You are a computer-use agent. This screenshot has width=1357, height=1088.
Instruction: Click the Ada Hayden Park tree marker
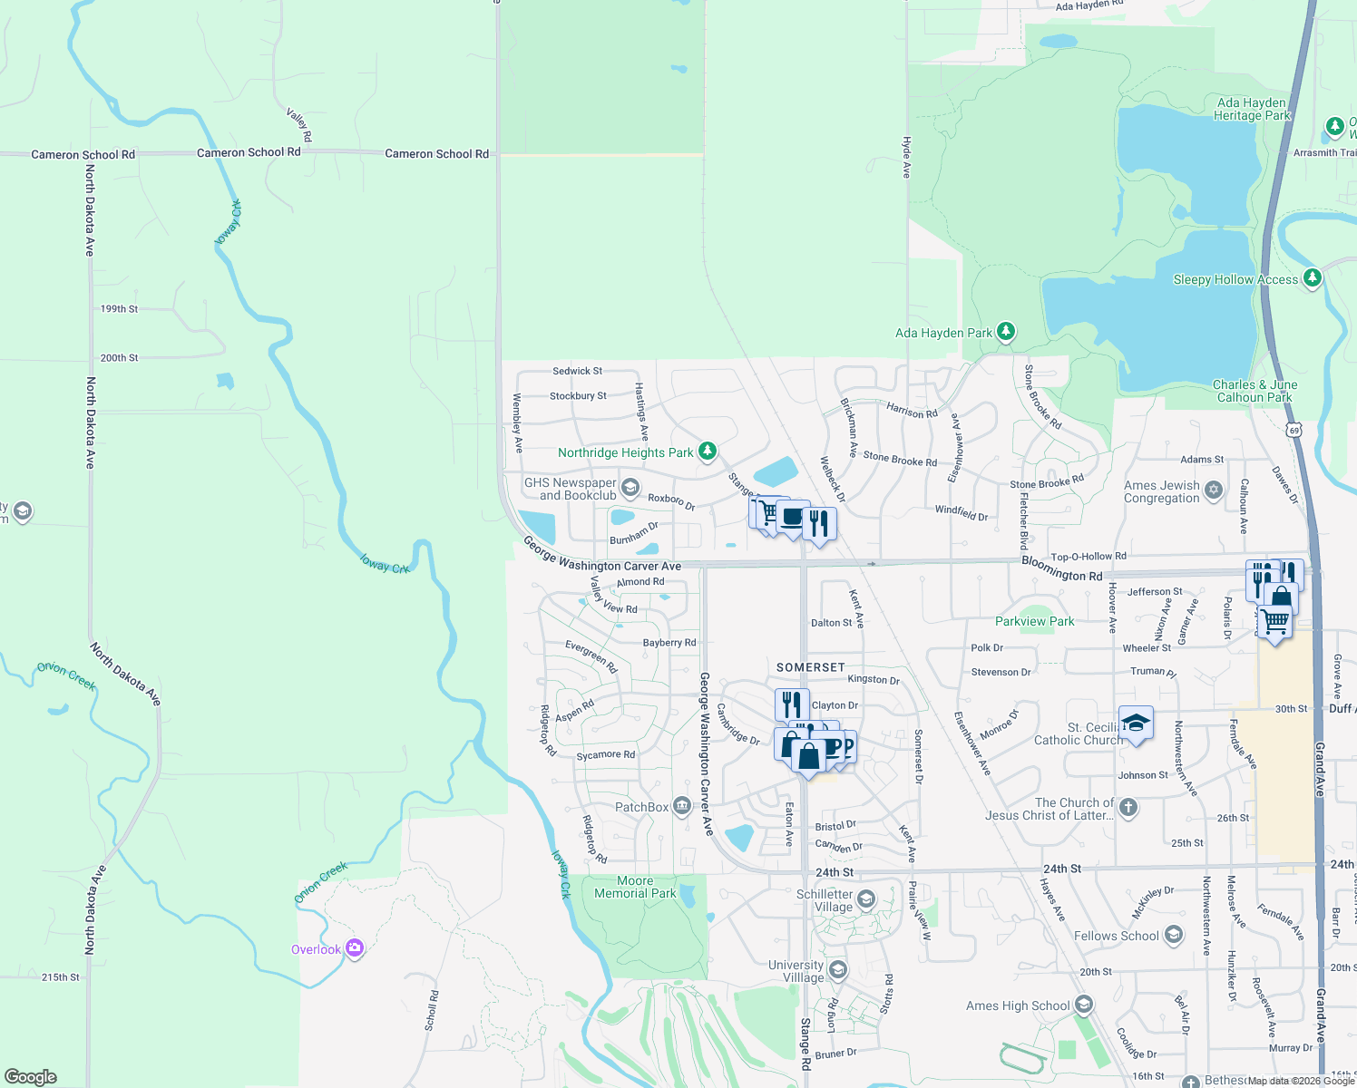click(x=1005, y=332)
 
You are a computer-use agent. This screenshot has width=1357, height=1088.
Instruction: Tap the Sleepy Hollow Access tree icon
click(x=1312, y=278)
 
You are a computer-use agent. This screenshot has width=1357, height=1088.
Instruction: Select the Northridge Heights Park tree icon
click(x=708, y=452)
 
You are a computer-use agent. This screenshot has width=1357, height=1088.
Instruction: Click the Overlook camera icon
click(x=355, y=949)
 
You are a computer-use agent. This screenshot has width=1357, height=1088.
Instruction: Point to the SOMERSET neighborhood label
click(x=811, y=667)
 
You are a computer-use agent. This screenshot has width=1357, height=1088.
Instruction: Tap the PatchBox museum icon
click(x=682, y=807)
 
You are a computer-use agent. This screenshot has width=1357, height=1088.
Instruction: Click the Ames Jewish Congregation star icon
click(x=1214, y=491)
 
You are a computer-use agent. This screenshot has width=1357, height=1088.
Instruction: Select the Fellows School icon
click(x=1174, y=936)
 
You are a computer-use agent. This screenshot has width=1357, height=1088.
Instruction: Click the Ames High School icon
click(x=1083, y=1005)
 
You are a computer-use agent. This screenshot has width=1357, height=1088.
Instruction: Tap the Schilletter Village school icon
click(x=866, y=899)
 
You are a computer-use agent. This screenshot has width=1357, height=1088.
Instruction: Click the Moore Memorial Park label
click(x=635, y=887)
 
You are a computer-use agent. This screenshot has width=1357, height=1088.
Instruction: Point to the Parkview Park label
click(x=1034, y=621)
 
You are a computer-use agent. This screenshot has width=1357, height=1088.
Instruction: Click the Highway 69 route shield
click(x=1294, y=429)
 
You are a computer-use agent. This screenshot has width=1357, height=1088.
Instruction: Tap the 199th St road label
click(x=119, y=309)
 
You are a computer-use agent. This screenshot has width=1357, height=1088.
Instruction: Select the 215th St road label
click(x=61, y=977)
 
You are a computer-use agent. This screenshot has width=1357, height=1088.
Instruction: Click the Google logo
click(x=31, y=1077)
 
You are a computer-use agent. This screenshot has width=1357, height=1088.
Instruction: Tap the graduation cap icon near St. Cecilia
click(x=1136, y=724)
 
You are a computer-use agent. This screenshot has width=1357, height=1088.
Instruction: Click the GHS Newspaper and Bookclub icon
click(x=630, y=489)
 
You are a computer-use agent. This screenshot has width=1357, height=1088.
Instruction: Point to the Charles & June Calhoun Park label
click(x=1254, y=391)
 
